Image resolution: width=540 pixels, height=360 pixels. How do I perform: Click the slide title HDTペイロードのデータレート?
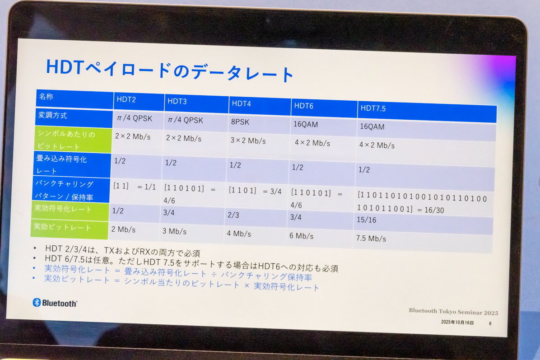click(170, 70)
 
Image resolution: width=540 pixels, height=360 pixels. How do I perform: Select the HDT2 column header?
click(126, 99)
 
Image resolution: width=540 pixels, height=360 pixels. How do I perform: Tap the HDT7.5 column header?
click(373, 109)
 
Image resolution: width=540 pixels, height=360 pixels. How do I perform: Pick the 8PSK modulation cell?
click(240, 122)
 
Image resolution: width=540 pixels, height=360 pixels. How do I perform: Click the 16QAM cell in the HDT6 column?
click(306, 124)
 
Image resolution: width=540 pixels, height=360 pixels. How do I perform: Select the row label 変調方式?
click(53, 115)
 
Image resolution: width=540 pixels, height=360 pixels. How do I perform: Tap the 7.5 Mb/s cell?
click(371, 238)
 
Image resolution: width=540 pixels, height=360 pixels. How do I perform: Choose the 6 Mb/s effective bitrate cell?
click(301, 236)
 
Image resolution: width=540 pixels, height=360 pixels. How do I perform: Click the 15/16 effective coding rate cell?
click(366, 220)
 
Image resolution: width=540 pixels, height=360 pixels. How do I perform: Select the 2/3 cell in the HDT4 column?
click(233, 215)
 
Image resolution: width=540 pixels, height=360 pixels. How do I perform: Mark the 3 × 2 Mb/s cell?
click(248, 140)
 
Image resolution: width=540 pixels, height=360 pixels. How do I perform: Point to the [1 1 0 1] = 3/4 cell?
click(255, 191)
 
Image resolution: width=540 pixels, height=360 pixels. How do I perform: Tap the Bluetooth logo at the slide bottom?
click(55, 303)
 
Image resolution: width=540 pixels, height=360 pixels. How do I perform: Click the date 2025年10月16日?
click(457, 323)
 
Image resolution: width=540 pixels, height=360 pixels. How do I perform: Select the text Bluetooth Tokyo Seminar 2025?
click(453, 312)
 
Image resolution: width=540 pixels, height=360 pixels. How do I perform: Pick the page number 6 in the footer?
click(490, 323)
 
